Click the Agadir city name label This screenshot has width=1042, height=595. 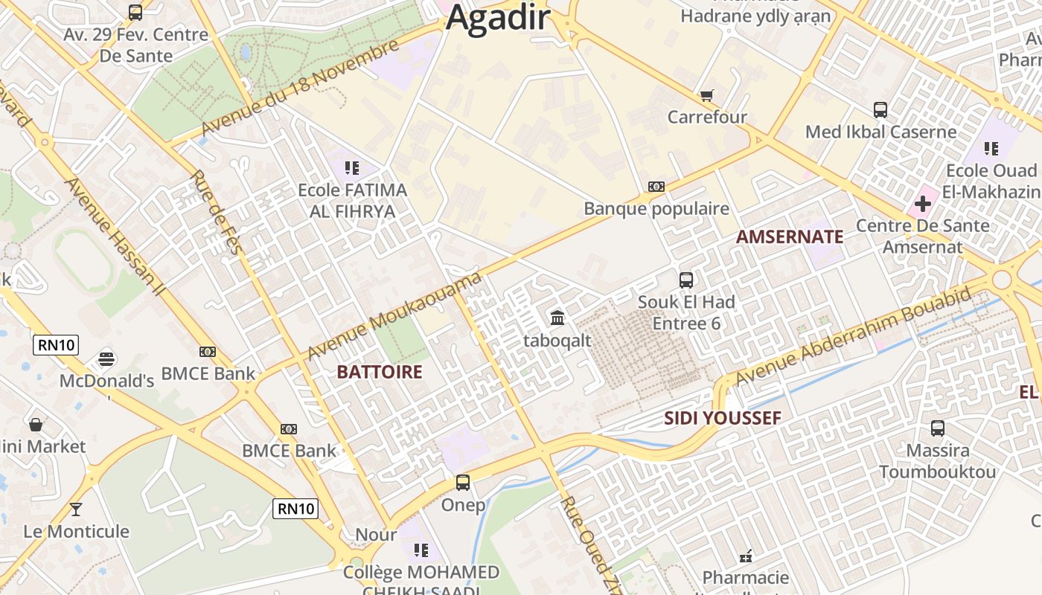pos(498,18)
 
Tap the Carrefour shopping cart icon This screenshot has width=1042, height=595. pos(706,95)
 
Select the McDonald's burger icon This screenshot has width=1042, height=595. pos(106,359)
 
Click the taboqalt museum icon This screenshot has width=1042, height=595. pos(557,318)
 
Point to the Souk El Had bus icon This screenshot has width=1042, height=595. pos(686,280)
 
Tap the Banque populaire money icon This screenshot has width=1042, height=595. pos(656,187)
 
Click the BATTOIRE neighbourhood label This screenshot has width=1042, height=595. pos(380,372)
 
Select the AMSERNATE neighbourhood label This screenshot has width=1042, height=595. pos(790,237)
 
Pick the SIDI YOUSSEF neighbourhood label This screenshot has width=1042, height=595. pos(722,418)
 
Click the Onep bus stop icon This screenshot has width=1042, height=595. pos(463,483)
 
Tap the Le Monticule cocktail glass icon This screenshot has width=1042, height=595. pos(75,509)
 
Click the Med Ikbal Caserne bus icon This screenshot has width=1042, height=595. pos(880,110)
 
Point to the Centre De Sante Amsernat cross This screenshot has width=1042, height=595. pos(923,204)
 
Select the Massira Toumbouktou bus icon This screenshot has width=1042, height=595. pos(938,428)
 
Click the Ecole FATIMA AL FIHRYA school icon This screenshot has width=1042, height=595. pos(352,168)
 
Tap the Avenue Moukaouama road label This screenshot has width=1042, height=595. pos(394,315)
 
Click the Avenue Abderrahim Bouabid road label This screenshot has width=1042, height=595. pos(853,335)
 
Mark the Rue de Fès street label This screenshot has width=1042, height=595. pos(215,212)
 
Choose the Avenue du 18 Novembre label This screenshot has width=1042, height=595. pos(300,89)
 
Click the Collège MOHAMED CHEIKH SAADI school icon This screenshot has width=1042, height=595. pos(421,550)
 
